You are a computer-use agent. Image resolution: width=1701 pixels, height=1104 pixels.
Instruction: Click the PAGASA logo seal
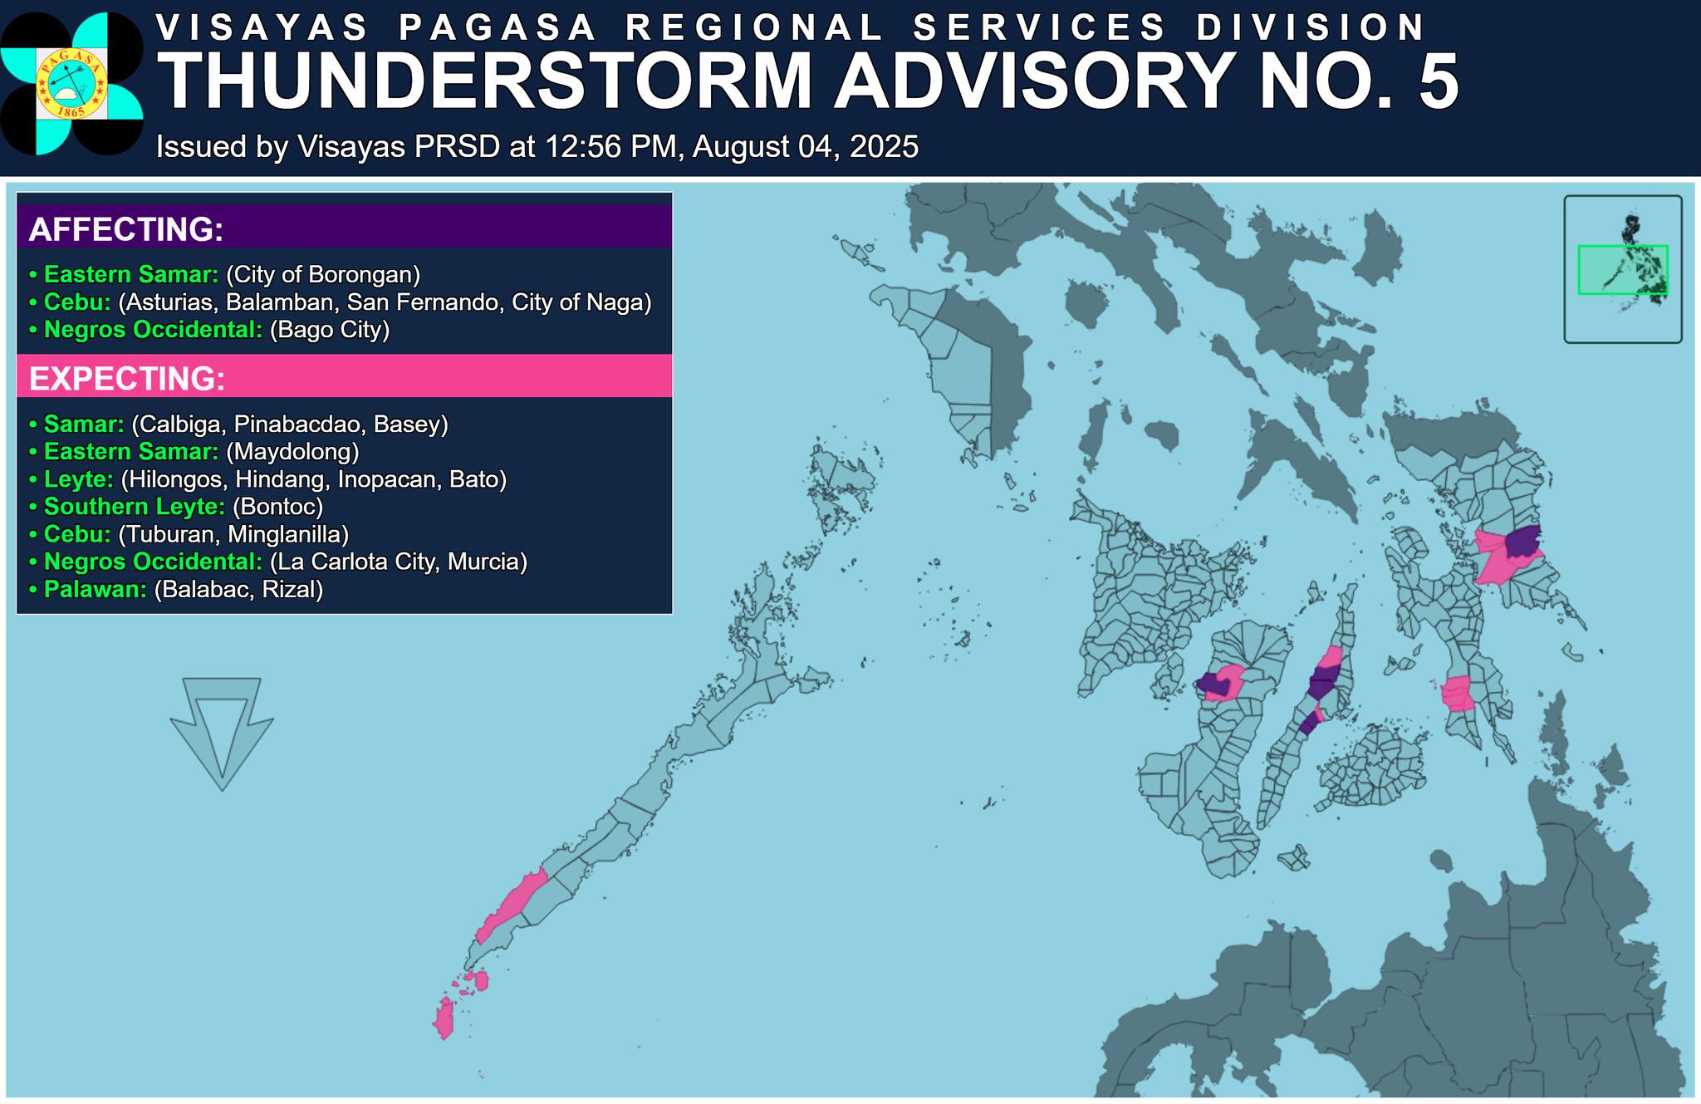(x=71, y=84)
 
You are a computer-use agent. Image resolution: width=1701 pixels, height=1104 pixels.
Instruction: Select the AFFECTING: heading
(x=126, y=229)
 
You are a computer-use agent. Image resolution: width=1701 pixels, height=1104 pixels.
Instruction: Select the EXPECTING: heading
(x=127, y=379)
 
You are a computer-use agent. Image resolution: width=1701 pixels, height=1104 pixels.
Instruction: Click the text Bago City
(x=330, y=330)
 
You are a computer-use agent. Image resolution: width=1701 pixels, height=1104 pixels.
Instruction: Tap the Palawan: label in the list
(x=95, y=589)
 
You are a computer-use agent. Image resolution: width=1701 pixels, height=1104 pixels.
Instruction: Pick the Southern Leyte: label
(x=134, y=506)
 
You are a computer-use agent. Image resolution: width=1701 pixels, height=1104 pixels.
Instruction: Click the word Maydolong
(x=292, y=451)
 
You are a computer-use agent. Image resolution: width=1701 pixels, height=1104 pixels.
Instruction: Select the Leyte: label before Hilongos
(x=78, y=478)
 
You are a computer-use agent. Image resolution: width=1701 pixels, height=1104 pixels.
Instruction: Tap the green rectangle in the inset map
(x=1622, y=269)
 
